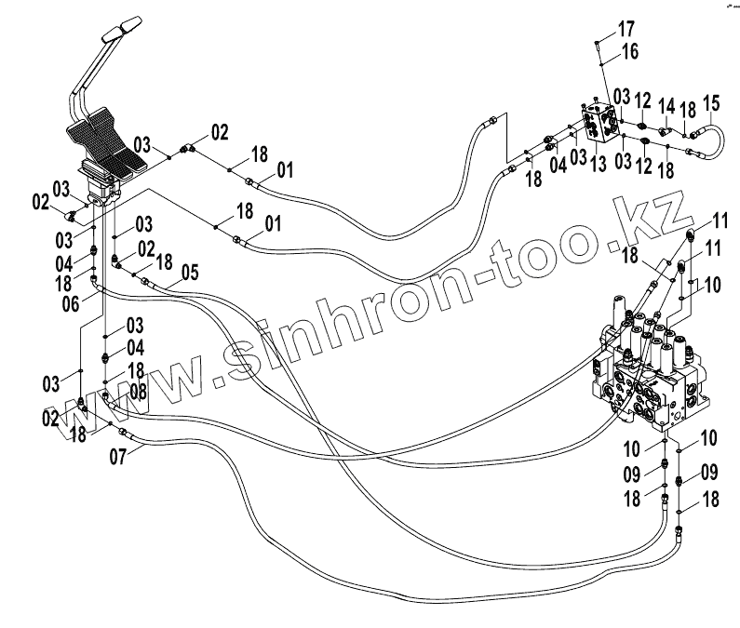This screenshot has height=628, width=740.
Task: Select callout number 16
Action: tap(630, 53)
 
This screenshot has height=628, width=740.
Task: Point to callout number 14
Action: tap(666, 102)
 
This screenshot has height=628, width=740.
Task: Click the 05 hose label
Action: tap(190, 273)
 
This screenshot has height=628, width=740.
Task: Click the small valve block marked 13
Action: tap(599, 123)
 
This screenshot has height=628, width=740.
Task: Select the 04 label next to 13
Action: tap(557, 165)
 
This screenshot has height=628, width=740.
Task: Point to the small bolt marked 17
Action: tap(598, 43)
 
